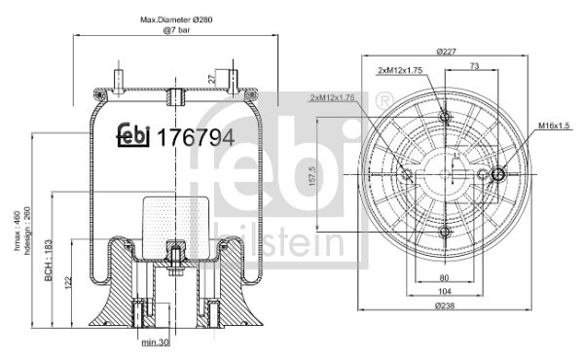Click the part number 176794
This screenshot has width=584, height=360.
coord(196,137)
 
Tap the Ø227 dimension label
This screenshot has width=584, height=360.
coord(446,52)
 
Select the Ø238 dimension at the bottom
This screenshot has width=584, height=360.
coord(445,306)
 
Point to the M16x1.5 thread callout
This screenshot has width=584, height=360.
coord(554,126)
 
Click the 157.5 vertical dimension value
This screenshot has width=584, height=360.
coord(312,176)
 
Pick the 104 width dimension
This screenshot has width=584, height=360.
coord(445,291)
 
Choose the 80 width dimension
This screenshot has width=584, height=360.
coord(444,277)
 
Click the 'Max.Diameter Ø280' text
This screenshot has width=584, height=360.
coord(176,19)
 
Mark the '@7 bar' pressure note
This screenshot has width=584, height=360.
coord(176,30)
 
